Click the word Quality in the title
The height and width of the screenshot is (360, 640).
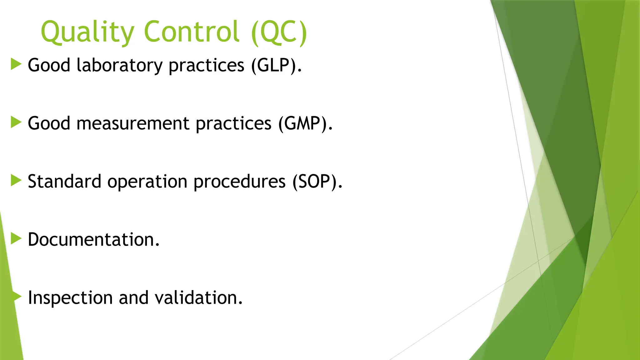click(x=87, y=32)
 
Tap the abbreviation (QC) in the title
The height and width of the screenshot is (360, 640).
click(x=279, y=32)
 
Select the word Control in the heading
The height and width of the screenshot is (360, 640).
click(x=192, y=32)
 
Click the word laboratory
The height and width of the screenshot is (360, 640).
click(x=119, y=65)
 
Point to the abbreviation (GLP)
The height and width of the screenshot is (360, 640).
click(x=276, y=65)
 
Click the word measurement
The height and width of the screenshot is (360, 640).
click(x=133, y=123)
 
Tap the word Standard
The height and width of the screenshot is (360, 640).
click(x=64, y=182)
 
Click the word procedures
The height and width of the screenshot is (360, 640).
click(x=239, y=182)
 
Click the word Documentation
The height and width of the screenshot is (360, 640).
click(x=93, y=240)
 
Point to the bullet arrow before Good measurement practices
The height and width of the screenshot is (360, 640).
click(x=16, y=122)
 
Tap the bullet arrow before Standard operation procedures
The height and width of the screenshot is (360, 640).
click(x=16, y=180)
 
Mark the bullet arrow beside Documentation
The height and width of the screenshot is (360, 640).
click(x=16, y=238)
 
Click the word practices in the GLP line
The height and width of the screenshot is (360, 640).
click(x=206, y=65)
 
